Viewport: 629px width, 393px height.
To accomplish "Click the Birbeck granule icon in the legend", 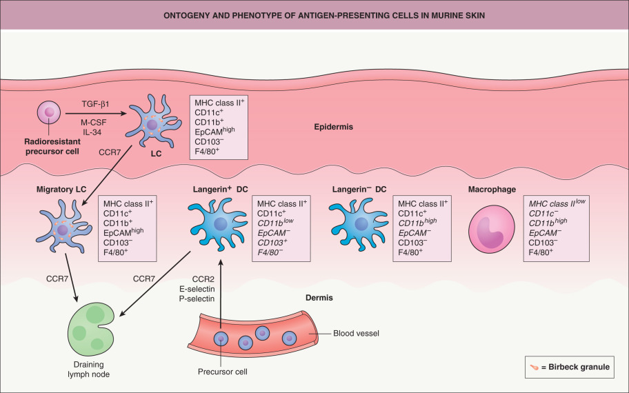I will coord(534,367).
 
